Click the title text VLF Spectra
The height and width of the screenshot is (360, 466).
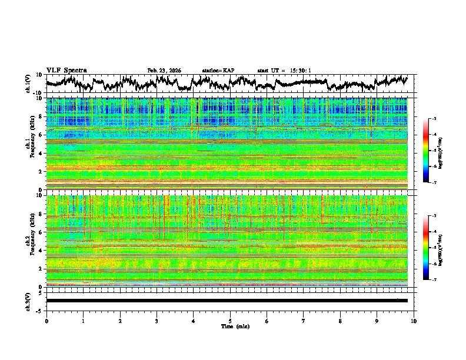coord(66,70)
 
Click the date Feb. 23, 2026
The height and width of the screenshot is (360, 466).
coord(164,71)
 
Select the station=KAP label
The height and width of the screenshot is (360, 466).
coord(218,71)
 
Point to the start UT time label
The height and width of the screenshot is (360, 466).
coord(284,71)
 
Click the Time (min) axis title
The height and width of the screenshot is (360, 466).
coord(230,326)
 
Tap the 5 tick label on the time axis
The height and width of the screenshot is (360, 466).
coord(230,321)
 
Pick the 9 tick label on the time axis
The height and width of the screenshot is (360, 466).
coord(377,321)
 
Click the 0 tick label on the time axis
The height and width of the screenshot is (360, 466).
coord(46,321)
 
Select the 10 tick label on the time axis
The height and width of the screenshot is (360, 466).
coord(414,321)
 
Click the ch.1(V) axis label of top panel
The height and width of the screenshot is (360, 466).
coord(28,84)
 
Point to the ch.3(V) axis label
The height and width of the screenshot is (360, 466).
coord(28,300)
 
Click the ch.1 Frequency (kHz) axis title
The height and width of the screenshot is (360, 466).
coord(31,144)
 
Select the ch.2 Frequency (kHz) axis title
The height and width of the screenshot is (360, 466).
coord(31,241)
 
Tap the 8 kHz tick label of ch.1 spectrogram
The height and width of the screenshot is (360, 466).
coord(40,116)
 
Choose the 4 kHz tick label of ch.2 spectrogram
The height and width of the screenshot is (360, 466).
coord(40,251)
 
